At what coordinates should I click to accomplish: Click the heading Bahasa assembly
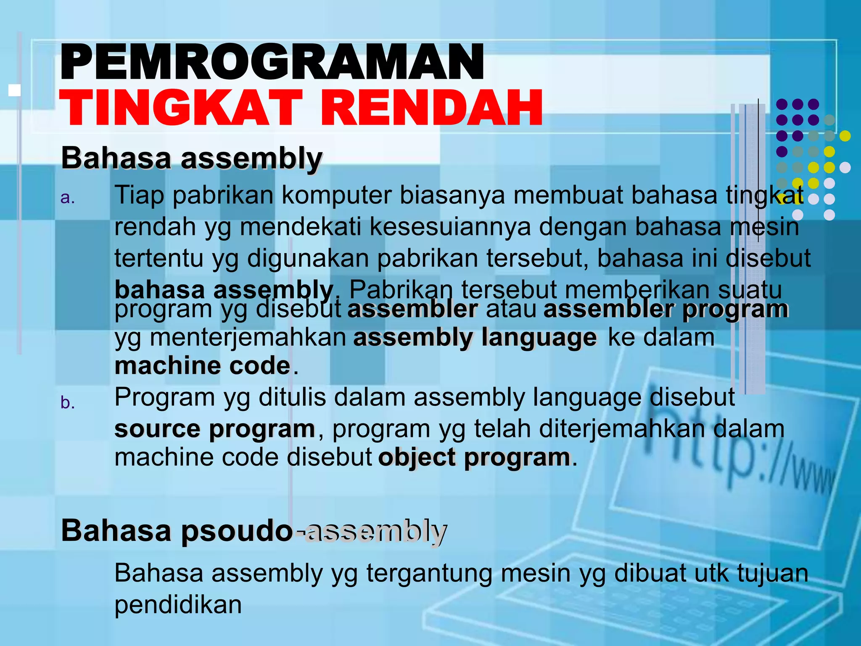(x=192, y=159)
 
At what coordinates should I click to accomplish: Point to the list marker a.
(x=67, y=197)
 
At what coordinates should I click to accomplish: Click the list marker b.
(x=67, y=402)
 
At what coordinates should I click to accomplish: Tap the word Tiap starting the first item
(x=139, y=196)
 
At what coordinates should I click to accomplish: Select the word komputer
(x=336, y=196)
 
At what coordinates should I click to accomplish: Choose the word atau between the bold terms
(x=511, y=309)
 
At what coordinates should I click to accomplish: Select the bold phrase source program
(x=214, y=429)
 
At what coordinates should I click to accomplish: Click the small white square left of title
(x=15, y=90)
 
